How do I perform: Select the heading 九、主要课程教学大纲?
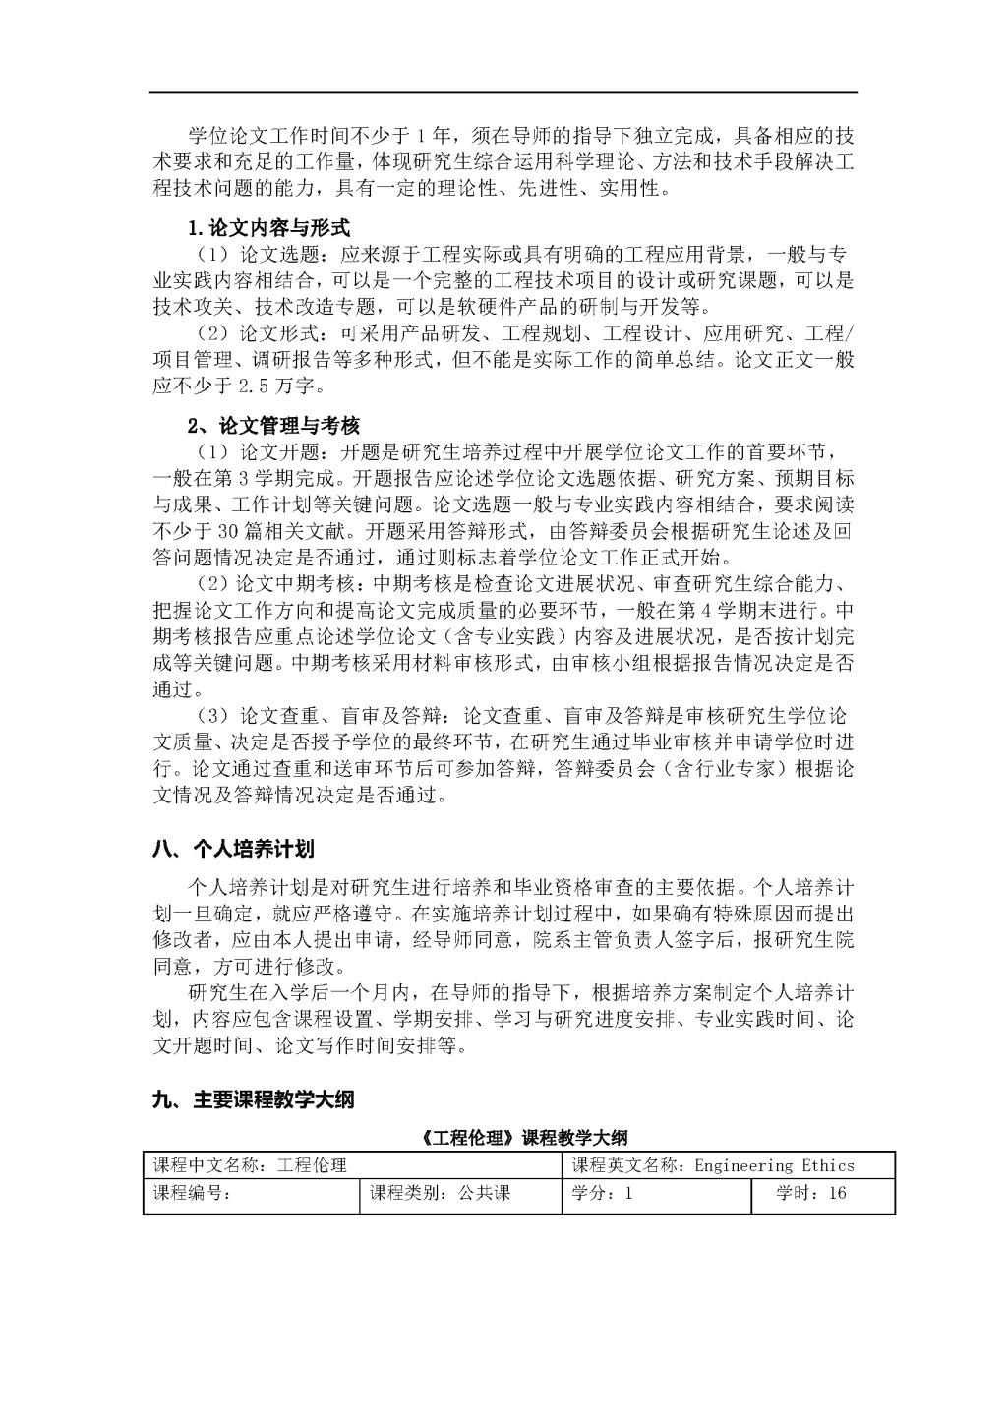pos(253,1100)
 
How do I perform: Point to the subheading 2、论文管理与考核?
pos(273,426)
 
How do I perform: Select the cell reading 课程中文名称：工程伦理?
pos(250,1165)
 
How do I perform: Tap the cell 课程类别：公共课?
pos(440,1194)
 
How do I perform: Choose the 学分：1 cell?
pos(602,1194)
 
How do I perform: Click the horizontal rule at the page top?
pos(503,92)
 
